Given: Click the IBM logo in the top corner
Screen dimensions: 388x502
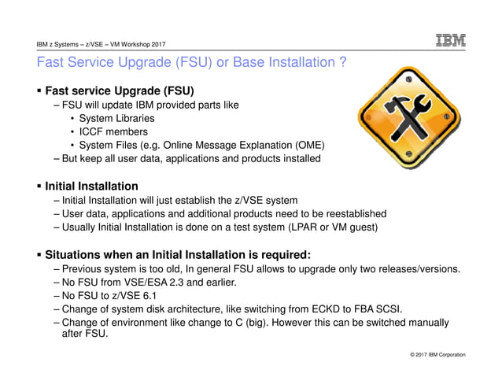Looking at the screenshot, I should [451, 40].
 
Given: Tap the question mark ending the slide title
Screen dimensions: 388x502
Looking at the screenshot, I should [343, 61].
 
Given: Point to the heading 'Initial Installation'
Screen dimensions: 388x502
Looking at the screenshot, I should [91, 187].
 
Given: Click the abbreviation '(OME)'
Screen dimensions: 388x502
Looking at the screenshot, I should [307, 145].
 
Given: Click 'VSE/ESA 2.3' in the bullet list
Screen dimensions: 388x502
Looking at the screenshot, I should [162, 282].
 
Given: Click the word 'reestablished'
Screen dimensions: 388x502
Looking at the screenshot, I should [351, 213].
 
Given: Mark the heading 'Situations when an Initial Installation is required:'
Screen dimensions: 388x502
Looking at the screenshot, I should [178, 254].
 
